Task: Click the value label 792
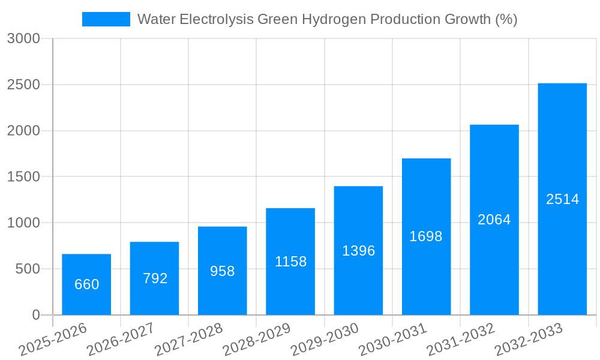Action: point(155,278)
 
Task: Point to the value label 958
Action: point(223,271)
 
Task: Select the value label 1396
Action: point(358,251)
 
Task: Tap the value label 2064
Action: point(494,220)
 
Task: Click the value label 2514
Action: point(562,199)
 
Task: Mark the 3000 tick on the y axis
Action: point(23,39)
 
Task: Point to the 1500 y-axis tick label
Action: point(23,177)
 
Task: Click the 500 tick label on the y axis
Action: point(28,269)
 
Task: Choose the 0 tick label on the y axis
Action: point(36,315)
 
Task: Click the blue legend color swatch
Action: point(106,19)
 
